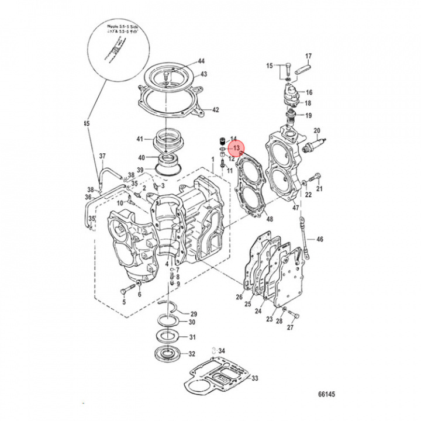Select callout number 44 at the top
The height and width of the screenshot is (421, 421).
[201, 61]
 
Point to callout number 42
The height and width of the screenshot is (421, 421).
[215, 110]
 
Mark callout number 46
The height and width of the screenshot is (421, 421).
[319, 240]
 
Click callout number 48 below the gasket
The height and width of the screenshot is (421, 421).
[269, 220]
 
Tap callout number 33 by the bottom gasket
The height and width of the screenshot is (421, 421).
[254, 379]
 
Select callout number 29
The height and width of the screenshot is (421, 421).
[194, 314]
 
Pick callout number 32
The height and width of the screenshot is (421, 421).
[192, 354]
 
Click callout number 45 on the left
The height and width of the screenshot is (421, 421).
[87, 124]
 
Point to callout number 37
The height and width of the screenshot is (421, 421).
[102, 156]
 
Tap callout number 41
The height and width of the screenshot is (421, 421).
[140, 139]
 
